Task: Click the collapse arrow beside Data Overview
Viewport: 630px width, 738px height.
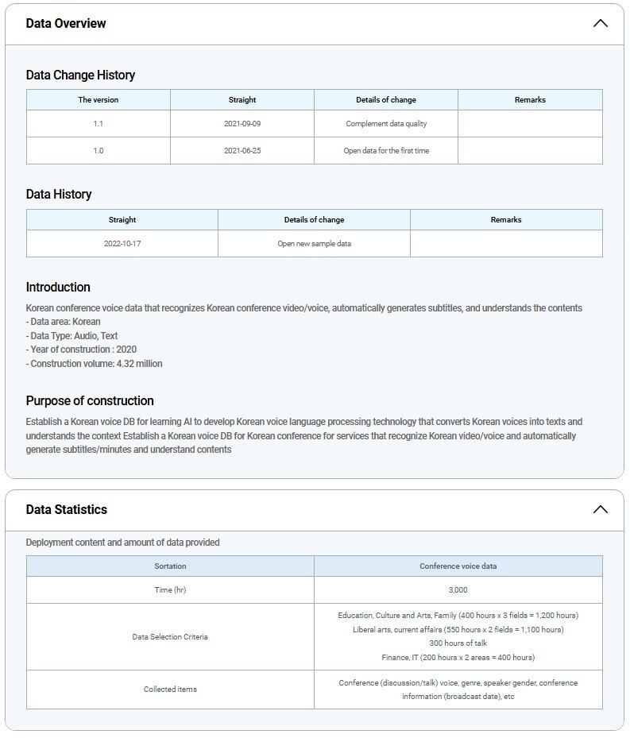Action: pyautogui.click(x=600, y=23)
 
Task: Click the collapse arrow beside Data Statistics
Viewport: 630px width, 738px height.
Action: pyautogui.click(x=600, y=509)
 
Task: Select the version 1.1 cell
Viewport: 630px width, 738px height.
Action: pyautogui.click(x=99, y=124)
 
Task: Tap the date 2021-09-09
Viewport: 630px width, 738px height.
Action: pyautogui.click(x=242, y=124)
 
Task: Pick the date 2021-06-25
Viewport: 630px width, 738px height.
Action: pyautogui.click(x=242, y=151)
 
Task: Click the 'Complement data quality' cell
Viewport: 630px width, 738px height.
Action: pyautogui.click(x=386, y=124)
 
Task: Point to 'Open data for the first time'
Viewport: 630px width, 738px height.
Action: pyautogui.click(x=386, y=151)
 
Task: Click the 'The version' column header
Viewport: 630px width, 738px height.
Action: pyautogui.click(x=99, y=100)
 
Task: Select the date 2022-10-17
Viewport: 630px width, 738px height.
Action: pyautogui.click(x=122, y=244)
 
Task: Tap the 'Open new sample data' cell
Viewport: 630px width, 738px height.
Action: pyautogui.click(x=314, y=244)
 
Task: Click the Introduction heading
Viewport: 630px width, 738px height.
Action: pyautogui.click(x=58, y=288)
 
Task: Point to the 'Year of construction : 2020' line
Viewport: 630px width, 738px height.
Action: pyautogui.click(x=81, y=350)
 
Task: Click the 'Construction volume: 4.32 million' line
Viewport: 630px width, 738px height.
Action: pyautogui.click(x=94, y=364)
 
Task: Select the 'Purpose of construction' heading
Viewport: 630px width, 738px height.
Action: pyautogui.click(x=90, y=401)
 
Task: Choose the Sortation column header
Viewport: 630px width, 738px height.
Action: pyautogui.click(x=170, y=566)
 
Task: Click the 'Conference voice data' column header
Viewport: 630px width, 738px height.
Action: pyautogui.click(x=458, y=566)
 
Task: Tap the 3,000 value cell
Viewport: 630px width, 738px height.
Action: pyautogui.click(x=458, y=590)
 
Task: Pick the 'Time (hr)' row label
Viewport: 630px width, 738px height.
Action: pyautogui.click(x=170, y=590)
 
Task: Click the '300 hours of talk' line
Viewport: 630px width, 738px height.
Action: pyautogui.click(x=458, y=643)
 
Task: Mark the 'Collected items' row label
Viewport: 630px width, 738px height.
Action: pyautogui.click(x=170, y=690)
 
